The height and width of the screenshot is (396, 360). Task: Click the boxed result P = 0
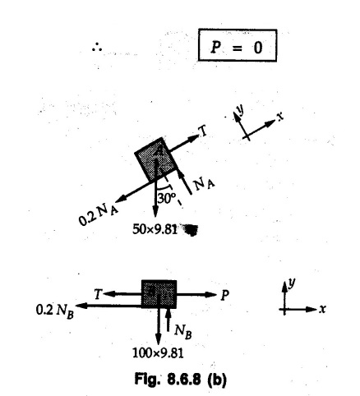[x=238, y=45]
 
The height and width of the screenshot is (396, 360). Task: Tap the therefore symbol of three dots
[x=97, y=48]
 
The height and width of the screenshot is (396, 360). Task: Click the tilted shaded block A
[x=155, y=159]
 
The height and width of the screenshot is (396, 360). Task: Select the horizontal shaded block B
[x=159, y=294]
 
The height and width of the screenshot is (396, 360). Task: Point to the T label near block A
[x=203, y=131]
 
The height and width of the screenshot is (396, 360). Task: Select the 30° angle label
[x=166, y=198]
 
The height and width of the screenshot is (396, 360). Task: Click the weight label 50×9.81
[x=155, y=229]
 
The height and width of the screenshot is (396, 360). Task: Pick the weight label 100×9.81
[x=158, y=353]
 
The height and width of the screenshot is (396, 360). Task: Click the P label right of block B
[x=224, y=295]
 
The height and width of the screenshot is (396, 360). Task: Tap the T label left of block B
[x=98, y=294]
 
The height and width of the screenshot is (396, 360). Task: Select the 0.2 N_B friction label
[x=55, y=311]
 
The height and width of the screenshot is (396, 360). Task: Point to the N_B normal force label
[x=183, y=331]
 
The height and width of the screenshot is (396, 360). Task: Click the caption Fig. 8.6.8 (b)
[x=181, y=380]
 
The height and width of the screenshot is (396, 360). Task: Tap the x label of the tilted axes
[x=280, y=117]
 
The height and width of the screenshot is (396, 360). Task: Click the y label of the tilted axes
[x=241, y=109]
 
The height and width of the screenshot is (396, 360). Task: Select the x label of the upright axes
[x=323, y=309]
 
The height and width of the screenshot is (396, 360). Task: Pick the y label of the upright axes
[x=292, y=283]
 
